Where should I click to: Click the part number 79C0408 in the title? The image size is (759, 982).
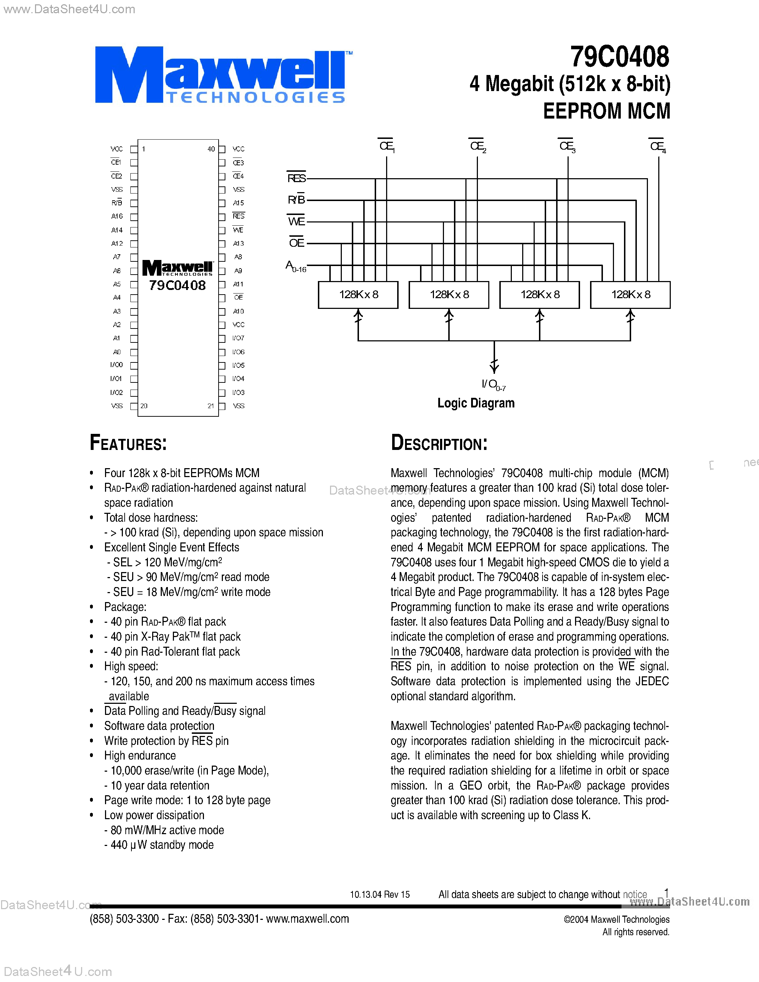pos(620,57)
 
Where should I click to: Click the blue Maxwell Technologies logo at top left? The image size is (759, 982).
pos(220,75)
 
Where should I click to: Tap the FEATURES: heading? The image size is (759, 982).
pos(128,443)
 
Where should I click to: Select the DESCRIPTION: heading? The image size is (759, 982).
pos(439,443)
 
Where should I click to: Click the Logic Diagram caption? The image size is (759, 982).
pos(476,403)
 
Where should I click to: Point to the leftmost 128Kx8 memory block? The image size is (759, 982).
pos(358,295)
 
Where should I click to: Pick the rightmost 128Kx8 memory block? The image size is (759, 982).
pos(630,295)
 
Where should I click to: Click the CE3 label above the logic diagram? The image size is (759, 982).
pos(566,146)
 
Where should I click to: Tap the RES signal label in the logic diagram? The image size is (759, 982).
pos(296,179)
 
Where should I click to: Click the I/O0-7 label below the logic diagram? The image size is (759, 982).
pos(493,385)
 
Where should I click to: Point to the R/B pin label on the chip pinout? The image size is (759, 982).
pos(116,203)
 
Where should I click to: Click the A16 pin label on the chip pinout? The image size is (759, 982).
pos(117,216)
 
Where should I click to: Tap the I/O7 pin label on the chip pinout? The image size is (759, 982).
pos(238,338)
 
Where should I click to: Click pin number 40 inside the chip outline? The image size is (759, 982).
pos(211,149)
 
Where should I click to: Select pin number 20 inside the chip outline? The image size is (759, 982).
pos(144,406)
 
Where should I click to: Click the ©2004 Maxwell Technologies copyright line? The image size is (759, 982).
pos(616,920)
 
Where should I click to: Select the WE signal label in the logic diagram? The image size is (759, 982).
pos(296,222)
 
